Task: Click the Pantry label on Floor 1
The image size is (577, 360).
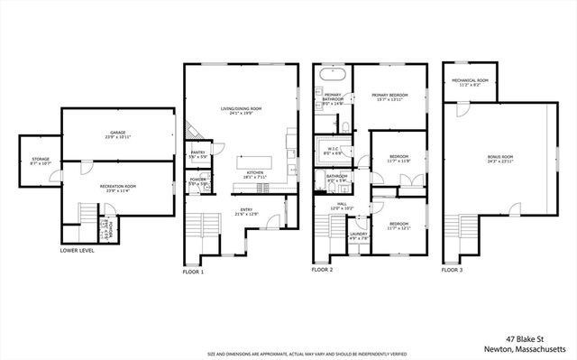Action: (x=198, y=154)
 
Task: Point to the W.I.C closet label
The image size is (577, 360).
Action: (x=332, y=152)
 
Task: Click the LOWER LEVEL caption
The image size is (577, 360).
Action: (x=77, y=250)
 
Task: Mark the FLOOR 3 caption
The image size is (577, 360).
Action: (x=453, y=270)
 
